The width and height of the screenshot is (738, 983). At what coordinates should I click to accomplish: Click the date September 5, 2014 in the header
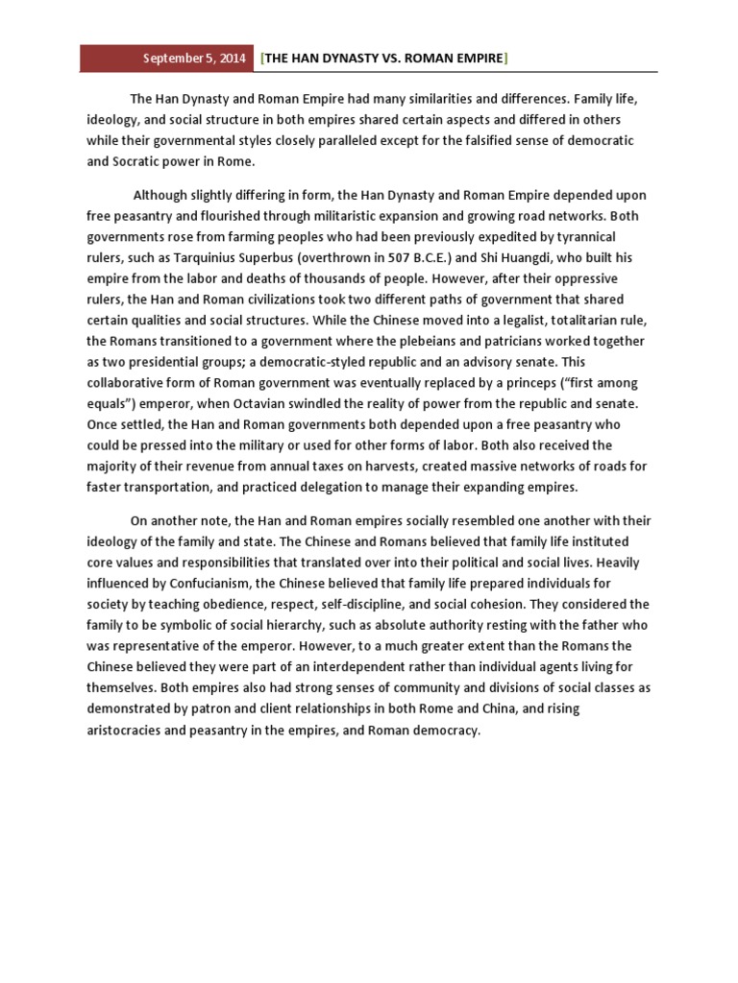click(194, 59)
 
